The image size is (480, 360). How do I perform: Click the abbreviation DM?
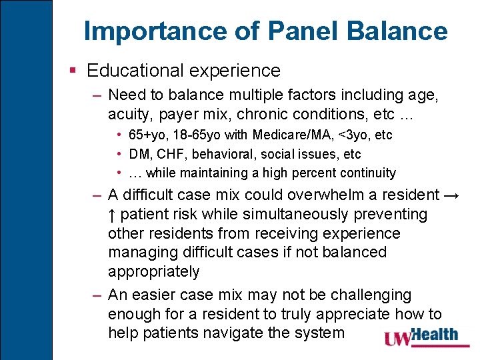click(x=139, y=154)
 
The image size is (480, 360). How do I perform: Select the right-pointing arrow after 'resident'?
click(x=451, y=195)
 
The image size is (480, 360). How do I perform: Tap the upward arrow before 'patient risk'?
click(x=112, y=215)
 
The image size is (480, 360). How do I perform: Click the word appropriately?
click(x=153, y=272)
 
